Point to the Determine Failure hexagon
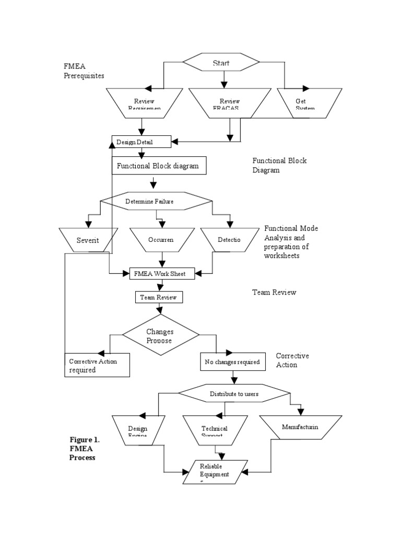(156, 201)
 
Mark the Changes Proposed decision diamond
(160, 335)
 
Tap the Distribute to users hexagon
(233, 393)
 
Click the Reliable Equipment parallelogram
(214, 472)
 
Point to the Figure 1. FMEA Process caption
(85, 448)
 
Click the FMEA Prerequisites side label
(84, 71)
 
